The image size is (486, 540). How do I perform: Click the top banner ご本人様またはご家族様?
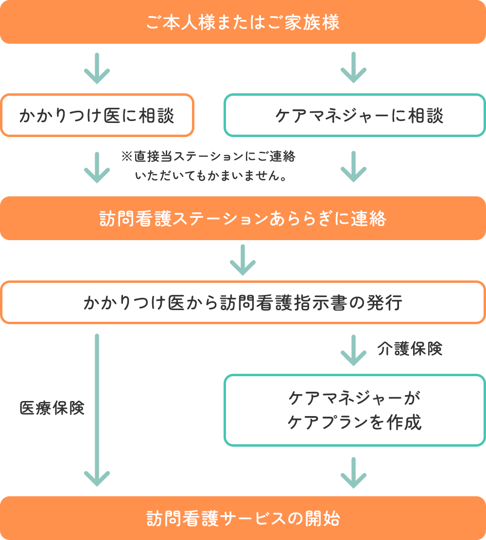(x=243, y=22)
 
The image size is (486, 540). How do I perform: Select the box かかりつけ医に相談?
(x=97, y=116)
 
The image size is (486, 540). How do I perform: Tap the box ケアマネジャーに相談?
(x=354, y=116)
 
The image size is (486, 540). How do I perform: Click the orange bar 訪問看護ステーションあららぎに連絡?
(x=243, y=219)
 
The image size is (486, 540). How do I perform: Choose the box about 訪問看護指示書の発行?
(x=243, y=302)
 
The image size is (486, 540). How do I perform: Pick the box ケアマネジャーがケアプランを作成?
(x=354, y=410)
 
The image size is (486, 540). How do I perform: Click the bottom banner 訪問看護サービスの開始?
(x=243, y=518)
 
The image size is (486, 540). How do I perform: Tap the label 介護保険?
(x=410, y=349)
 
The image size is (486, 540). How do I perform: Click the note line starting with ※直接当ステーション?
(x=208, y=157)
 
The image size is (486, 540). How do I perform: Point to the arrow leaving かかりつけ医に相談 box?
(x=97, y=167)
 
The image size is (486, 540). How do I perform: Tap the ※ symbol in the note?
(x=126, y=157)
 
